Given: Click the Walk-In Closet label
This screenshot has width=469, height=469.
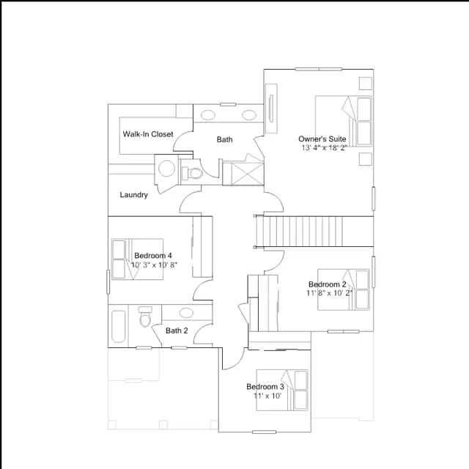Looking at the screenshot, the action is [x=148, y=134].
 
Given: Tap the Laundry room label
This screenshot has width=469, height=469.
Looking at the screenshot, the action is [x=133, y=195].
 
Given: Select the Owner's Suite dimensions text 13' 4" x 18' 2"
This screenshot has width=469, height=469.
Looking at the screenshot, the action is [x=324, y=148].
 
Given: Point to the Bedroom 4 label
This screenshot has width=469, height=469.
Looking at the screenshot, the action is [x=153, y=256].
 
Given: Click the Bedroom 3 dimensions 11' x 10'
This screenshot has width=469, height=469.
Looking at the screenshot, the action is [x=267, y=396].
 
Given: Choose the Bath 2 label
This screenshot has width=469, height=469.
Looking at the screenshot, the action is [x=177, y=330].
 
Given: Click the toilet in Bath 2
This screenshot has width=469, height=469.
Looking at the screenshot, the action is [x=145, y=317].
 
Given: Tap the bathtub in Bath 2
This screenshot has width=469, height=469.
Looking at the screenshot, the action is [x=119, y=326].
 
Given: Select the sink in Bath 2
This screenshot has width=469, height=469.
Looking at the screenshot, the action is [x=186, y=313].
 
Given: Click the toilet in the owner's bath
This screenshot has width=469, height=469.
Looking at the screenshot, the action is [x=193, y=173].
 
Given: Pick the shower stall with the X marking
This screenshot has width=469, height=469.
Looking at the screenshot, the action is [x=248, y=174].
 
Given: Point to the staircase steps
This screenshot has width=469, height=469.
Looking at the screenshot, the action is [x=303, y=232].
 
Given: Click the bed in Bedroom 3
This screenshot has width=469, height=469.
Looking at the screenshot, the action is [x=282, y=390].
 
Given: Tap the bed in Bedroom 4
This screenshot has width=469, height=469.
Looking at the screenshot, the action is [x=137, y=259].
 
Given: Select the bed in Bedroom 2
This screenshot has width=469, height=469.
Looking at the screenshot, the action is [x=344, y=289].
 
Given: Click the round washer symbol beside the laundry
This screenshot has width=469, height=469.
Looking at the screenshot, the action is [x=166, y=168].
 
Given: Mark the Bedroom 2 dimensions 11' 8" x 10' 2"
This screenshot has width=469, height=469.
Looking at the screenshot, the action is [x=329, y=293].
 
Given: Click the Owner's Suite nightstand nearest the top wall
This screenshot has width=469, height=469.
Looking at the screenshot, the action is [x=365, y=83].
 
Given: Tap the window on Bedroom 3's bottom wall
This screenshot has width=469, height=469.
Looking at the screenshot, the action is [x=264, y=432].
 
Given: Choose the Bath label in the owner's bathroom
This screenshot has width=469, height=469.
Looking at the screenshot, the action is [x=225, y=139].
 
